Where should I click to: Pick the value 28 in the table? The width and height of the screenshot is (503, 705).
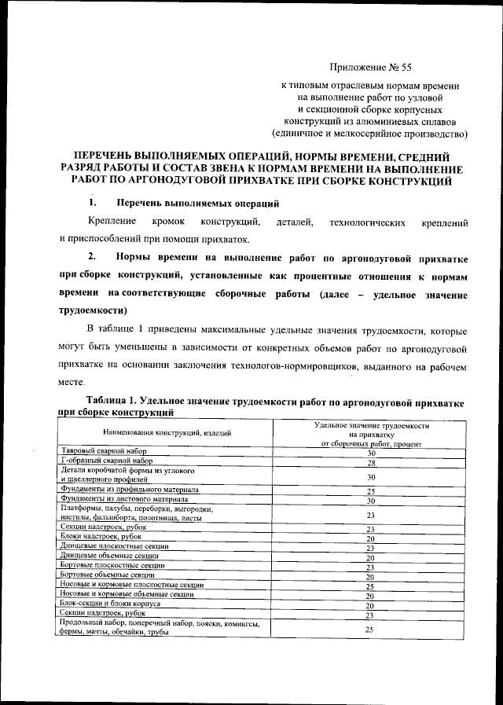pos(369,463)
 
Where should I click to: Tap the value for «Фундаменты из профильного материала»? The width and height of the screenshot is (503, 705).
pos(369,490)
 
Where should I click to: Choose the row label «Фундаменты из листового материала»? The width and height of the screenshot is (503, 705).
pos(124,499)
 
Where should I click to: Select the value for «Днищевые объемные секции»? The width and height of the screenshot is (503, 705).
pos(369,557)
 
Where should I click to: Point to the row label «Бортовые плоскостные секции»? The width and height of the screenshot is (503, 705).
pos(112,566)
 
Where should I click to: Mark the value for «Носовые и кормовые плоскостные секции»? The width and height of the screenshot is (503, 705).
pos(369,586)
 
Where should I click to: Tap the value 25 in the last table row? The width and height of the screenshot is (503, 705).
pos(369,629)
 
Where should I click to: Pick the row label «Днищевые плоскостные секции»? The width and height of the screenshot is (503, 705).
pos(114,547)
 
